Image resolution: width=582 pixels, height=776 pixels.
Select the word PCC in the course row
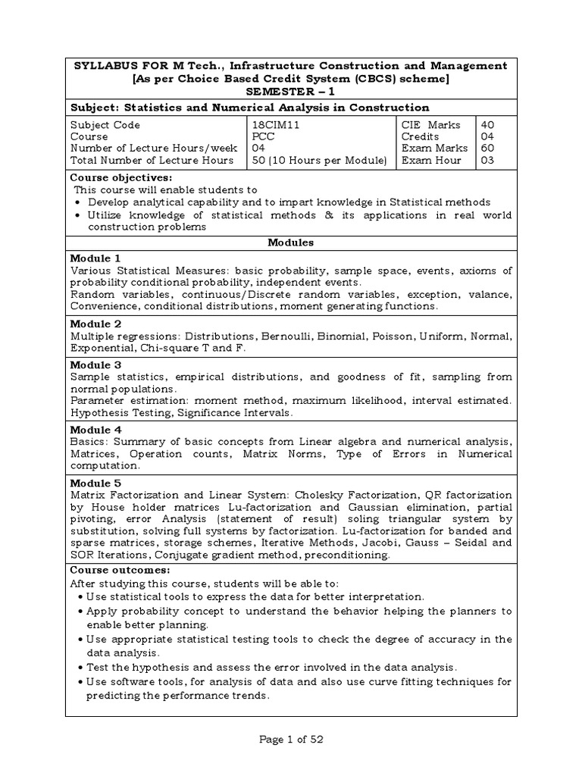tap(262, 136)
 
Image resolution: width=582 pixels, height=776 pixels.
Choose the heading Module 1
tap(95, 258)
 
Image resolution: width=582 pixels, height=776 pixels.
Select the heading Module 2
tap(95, 322)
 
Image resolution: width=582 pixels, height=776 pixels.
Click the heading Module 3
tap(95, 365)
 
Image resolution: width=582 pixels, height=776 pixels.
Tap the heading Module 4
tap(95, 430)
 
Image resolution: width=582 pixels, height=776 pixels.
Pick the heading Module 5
tap(95, 483)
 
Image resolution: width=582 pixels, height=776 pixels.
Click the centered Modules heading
tap(291, 242)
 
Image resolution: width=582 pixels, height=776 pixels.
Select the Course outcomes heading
tap(120, 569)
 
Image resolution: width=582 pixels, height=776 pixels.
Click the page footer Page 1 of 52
tap(291, 740)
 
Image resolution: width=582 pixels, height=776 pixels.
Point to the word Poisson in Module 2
tap(391, 336)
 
